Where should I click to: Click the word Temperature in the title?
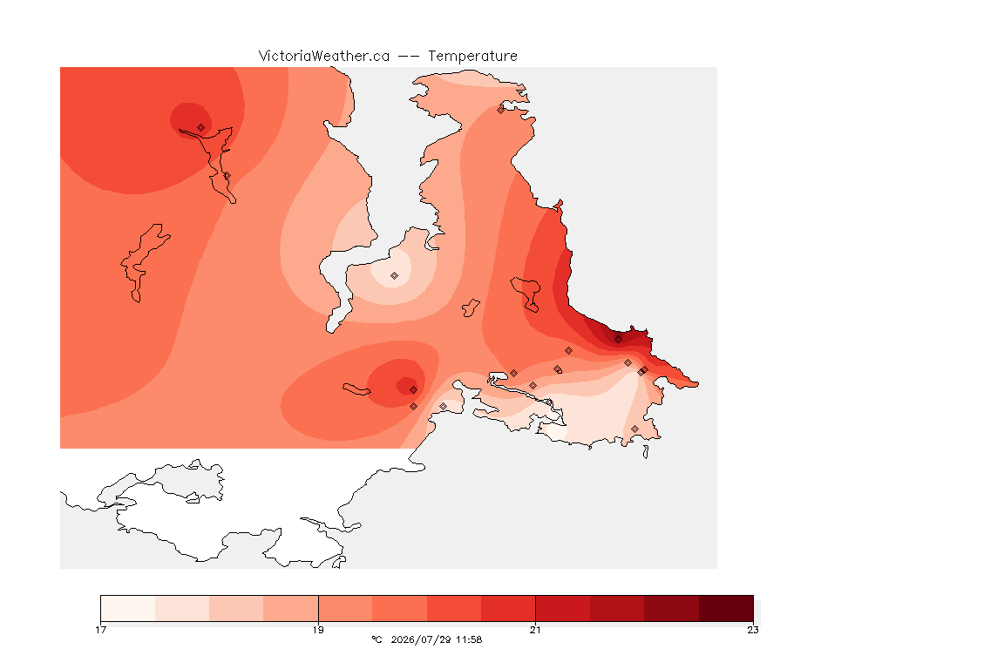(x=472, y=57)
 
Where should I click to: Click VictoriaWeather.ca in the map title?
(x=324, y=57)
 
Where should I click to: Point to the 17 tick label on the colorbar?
(x=100, y=630)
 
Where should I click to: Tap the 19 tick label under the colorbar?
(x=318, y=630)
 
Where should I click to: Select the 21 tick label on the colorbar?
(x=535, y=630)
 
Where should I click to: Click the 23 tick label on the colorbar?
(x=753, y=630)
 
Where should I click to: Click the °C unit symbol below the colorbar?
(x=376, y=639)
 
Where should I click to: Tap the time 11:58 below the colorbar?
(x=469, y=639)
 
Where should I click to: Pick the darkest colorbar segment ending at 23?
(x=726, y=608)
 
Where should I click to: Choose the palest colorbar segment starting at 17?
(x=128, y=608)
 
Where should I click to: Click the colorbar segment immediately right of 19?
(x=345, y=608)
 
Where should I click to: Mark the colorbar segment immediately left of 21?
(x=508, y=608)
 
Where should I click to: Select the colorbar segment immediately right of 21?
(x=563, y=608)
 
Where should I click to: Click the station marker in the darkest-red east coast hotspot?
(x=618, y=340)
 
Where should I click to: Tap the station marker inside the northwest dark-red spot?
(x=201, y=128)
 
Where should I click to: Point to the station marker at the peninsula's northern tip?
(x=501, y=110)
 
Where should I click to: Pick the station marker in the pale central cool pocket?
(x=395, y=276)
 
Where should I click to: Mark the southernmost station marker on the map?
(x=634, y=429)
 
